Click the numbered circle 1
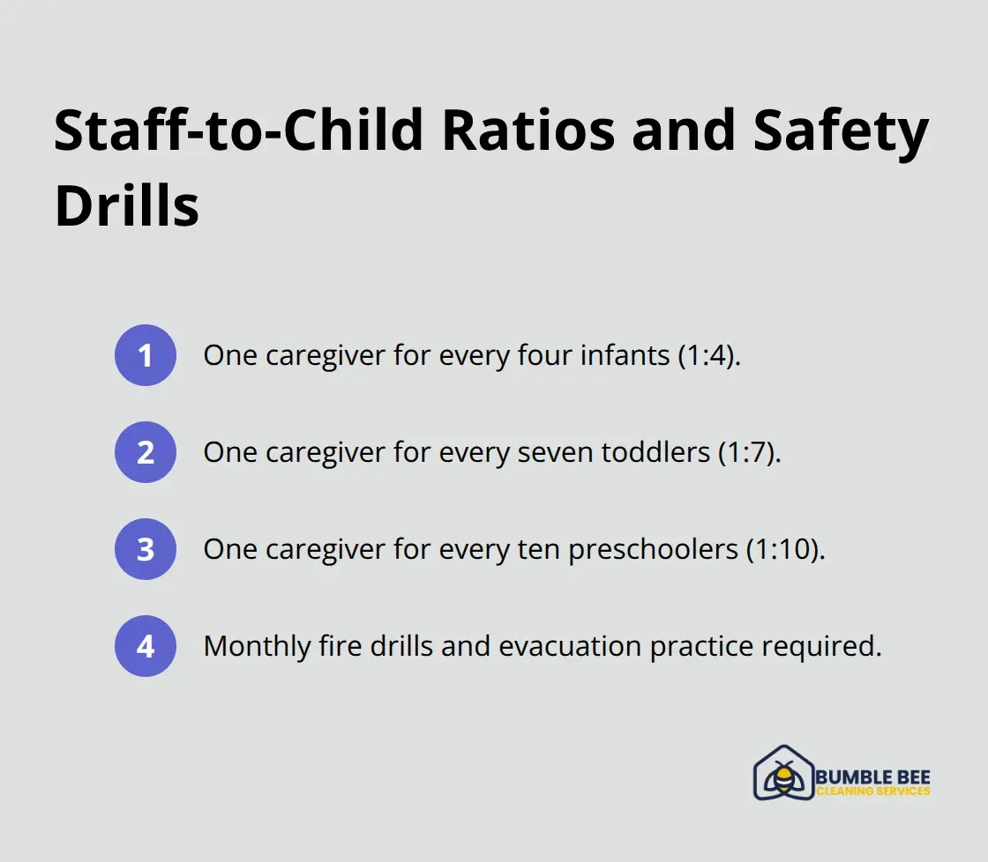coord(146,355)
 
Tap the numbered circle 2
coord(146,452)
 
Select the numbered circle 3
coord(146,549)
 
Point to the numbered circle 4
coord(146,646)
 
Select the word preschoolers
coord(652,549)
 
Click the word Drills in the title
coord(126,206)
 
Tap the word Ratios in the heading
coord(528,131)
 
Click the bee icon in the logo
coord(783,774)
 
